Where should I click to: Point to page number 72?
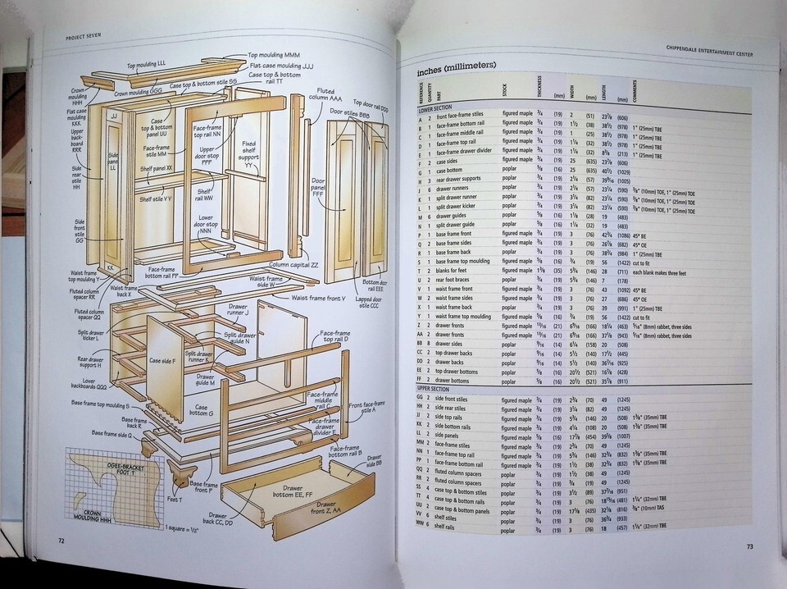click(61, 539)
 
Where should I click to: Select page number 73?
click(750, 546)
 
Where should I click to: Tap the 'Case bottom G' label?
click(202, 409)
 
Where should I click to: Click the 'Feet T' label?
click(175, 498)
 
